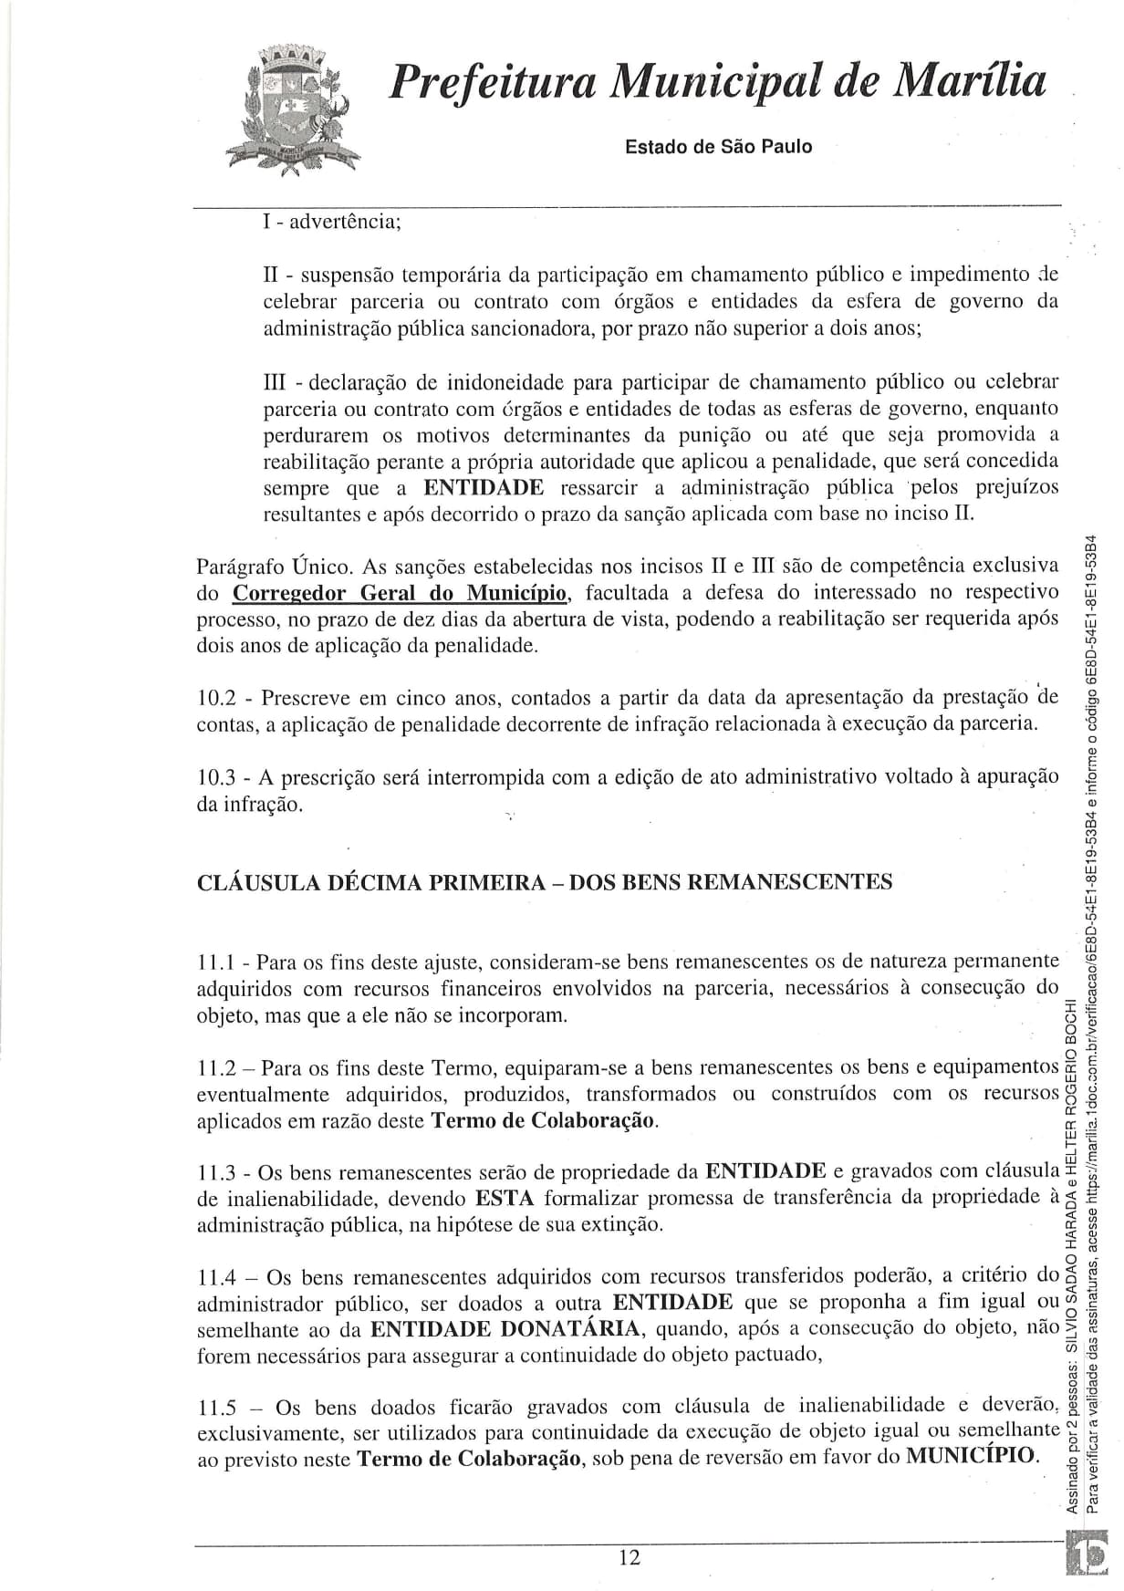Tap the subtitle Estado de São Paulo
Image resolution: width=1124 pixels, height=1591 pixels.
(718, 147)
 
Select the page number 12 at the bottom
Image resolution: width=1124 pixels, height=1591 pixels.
(629, 1556)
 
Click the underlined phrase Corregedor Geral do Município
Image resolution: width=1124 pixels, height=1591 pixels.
(401, 593)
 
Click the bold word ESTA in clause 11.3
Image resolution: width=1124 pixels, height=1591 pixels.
(504, 1197)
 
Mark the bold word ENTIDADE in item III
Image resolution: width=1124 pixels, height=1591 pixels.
(484, 487)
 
